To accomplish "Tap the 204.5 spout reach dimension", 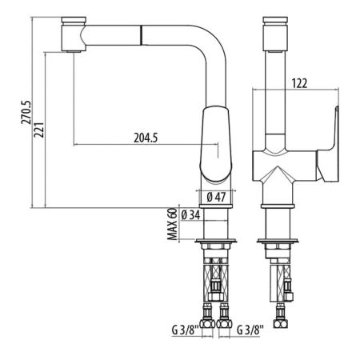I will point(144,138).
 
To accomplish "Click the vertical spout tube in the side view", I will point(274,88).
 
